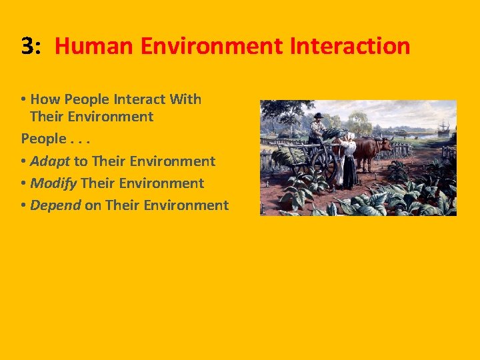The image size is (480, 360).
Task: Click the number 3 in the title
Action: pos(27,46)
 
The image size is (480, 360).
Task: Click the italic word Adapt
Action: pos(50,161)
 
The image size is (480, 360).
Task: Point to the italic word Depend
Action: pos(55,205)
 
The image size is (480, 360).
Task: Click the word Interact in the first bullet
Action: pos(140,99)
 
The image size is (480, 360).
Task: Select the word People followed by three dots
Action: pos(43,139)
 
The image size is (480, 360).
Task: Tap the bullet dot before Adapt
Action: pos(24,162)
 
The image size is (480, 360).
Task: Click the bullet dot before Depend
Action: pos(24,205)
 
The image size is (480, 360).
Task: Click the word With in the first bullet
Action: pos(185,99)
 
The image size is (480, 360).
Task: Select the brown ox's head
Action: pos(385,146)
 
